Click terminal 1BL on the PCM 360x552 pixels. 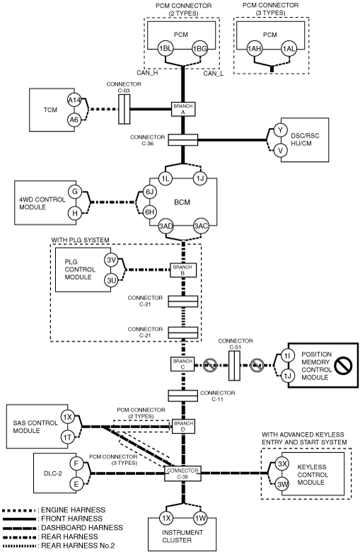(166, 49)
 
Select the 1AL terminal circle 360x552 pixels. (289, 49)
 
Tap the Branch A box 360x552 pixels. (183, 109)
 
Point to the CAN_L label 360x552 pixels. (214, 73)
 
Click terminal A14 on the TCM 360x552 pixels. (74, 100)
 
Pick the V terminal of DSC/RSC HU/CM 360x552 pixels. (281, 150)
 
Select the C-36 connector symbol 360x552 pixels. (183, 139)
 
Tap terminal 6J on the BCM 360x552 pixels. (150, 192)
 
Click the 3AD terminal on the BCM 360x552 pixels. (166, 226)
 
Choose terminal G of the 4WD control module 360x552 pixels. (74, 192)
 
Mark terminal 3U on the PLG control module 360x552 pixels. (112, 280)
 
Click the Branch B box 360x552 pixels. (182, 270)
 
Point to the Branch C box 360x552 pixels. (182, 364)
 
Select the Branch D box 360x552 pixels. (183, 426)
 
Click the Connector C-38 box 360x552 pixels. (182, 473)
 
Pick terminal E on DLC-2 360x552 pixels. (76, 484)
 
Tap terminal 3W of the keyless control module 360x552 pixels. (282, 485)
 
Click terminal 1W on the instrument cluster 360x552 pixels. (201, 518)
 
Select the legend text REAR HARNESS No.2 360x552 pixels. (78, 546)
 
